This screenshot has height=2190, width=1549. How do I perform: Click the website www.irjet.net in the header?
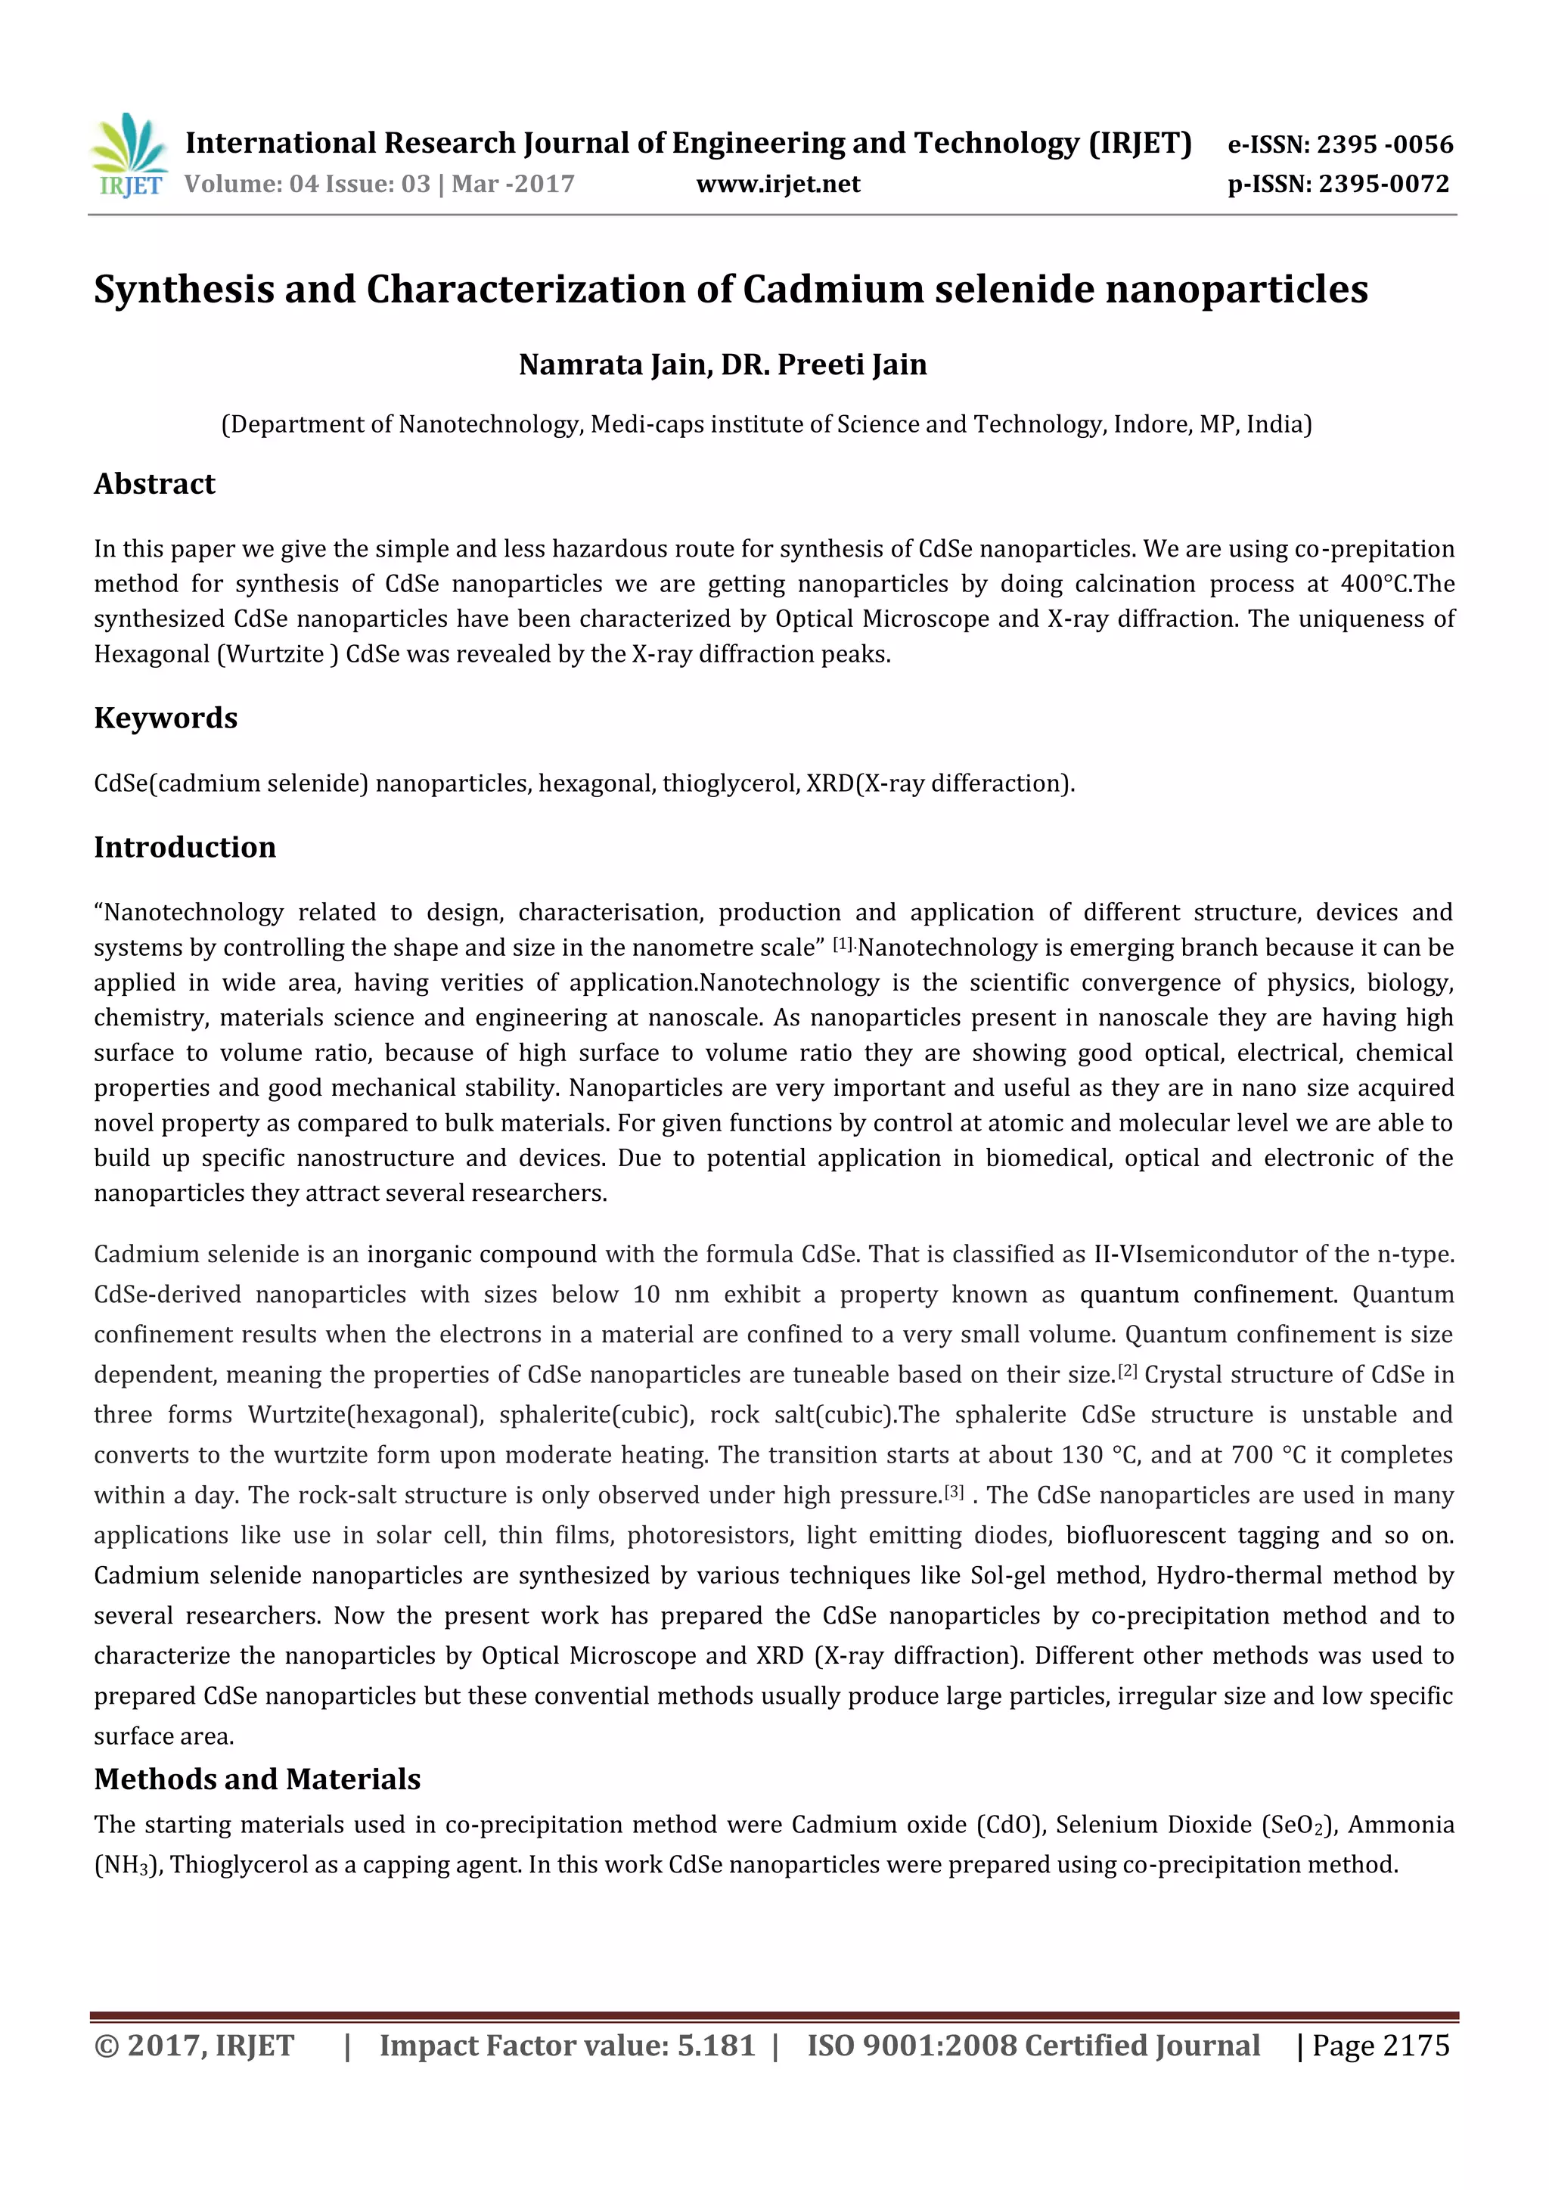[x=778, y=184]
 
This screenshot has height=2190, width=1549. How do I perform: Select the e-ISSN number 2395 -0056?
[x=1384, y=145]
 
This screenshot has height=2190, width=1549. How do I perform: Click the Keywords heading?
[x=165, y=718]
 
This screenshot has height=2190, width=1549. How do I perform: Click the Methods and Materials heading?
[x=256, y=1779]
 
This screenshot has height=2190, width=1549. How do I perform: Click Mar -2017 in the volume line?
[x=513, y=184]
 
